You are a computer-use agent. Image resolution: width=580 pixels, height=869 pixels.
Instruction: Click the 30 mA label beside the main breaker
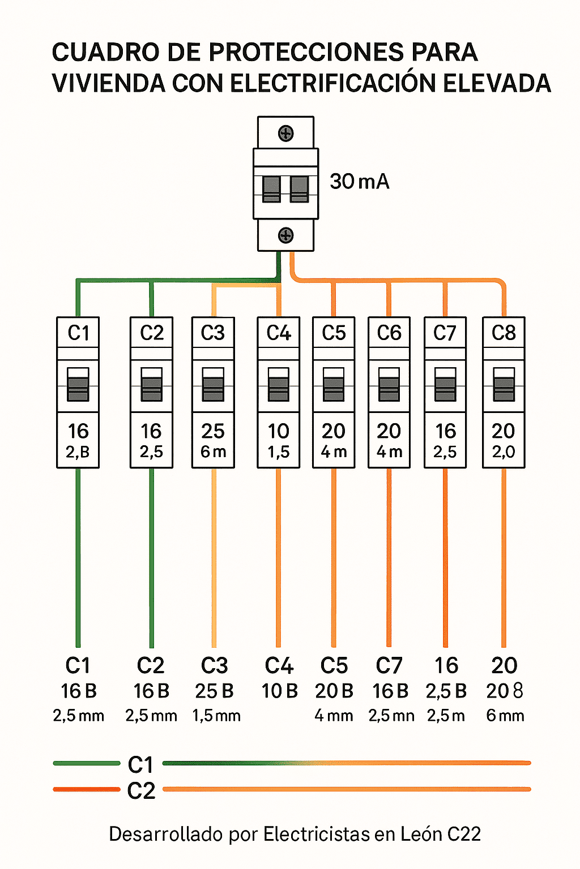pos(360,182)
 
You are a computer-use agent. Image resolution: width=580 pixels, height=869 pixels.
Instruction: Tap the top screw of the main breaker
pos(286,134)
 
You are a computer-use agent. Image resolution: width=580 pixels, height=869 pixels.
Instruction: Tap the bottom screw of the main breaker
pos(286,235)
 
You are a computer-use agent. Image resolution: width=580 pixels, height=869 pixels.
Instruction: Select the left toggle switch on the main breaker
pos(271,188)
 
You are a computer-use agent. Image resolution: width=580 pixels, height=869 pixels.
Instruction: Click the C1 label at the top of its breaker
pos(78,333)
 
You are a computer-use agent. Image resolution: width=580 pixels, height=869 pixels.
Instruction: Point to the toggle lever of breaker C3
pos(213,384)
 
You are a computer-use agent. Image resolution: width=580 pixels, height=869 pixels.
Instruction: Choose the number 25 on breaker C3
pos(213,431)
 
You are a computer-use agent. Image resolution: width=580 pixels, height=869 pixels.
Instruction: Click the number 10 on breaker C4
pos(279,431)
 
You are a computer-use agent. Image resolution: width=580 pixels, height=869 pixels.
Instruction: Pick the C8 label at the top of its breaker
pos(504,333)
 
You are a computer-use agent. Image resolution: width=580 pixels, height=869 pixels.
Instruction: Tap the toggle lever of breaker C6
pos(389,384)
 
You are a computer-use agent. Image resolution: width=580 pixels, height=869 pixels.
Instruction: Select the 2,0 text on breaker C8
pos(504,452)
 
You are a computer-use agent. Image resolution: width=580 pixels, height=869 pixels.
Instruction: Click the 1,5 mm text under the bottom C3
pos(216,716)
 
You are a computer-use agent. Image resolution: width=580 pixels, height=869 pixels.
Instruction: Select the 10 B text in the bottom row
pos(280,691)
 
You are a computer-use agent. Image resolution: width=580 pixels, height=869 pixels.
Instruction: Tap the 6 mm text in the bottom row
pos(505,716)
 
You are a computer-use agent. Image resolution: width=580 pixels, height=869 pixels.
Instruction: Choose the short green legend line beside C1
pos(87,763)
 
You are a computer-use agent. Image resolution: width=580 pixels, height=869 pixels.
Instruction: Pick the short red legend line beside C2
pos(87,789)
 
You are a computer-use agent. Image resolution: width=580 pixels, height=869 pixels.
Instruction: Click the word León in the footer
pos(421,834)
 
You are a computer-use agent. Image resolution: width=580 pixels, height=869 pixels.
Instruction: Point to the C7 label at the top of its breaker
pos(445,333)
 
